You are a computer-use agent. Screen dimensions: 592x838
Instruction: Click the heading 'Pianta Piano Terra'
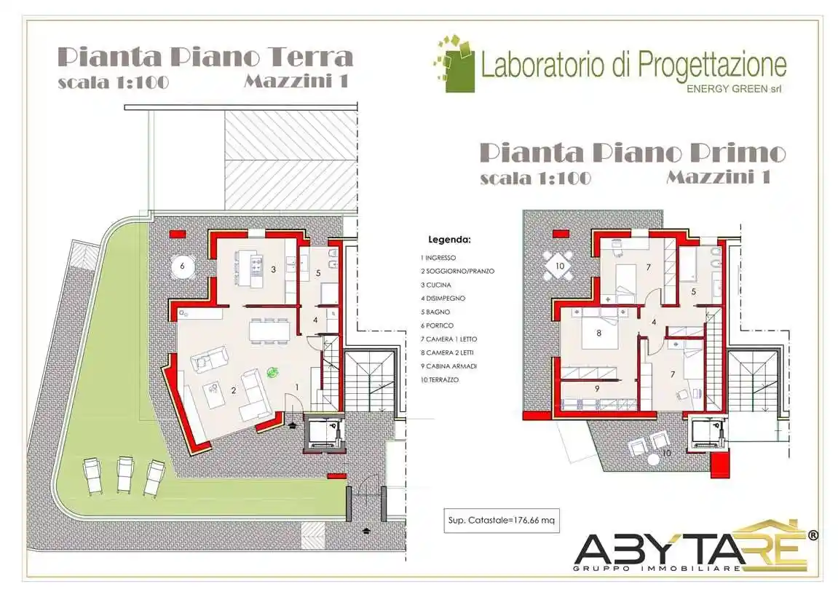click(205, 57)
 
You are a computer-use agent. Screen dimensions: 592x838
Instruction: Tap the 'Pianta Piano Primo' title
click(633, 153)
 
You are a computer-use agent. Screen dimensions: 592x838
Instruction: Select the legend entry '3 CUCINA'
click(436, 285)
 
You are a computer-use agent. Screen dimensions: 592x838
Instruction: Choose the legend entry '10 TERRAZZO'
click(440, 380)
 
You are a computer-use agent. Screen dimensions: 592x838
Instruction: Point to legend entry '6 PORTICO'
click(439, 325)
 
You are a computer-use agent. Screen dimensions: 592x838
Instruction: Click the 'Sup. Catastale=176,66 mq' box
click(502, 520)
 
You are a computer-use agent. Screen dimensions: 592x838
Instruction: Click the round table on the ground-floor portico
click(183, 267)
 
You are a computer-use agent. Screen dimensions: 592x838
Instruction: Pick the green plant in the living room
click(273, 372)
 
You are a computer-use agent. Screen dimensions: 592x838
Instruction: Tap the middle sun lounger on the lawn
click(124, 475)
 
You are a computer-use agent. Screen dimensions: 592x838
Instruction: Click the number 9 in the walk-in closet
click(596, 388)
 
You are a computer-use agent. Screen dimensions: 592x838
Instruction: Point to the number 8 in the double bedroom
click(598, 334)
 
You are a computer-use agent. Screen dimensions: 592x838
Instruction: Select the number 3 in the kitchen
click(273, 269)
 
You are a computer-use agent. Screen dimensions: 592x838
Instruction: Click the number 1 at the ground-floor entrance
click(297, 387)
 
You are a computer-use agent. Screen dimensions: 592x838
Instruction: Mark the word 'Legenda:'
click(449, 239)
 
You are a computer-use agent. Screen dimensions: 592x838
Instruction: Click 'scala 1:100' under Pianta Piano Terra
click(113, 82)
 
